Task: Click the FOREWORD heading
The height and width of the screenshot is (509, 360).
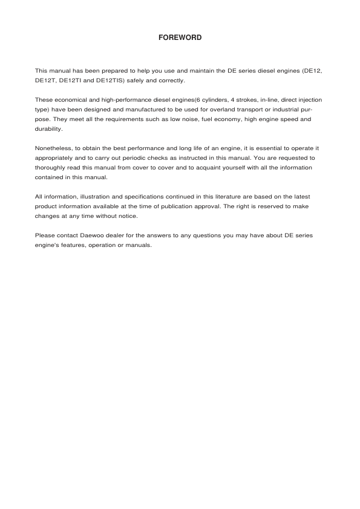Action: tap(180, 38)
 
